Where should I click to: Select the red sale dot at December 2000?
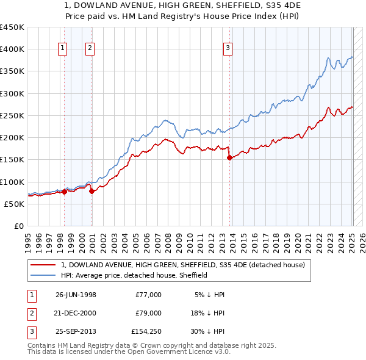[x=91, y=191]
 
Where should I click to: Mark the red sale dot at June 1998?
[x=64, y=192]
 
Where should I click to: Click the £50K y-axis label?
[x=15, y=204]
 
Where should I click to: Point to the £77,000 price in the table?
[x=148, y=295]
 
